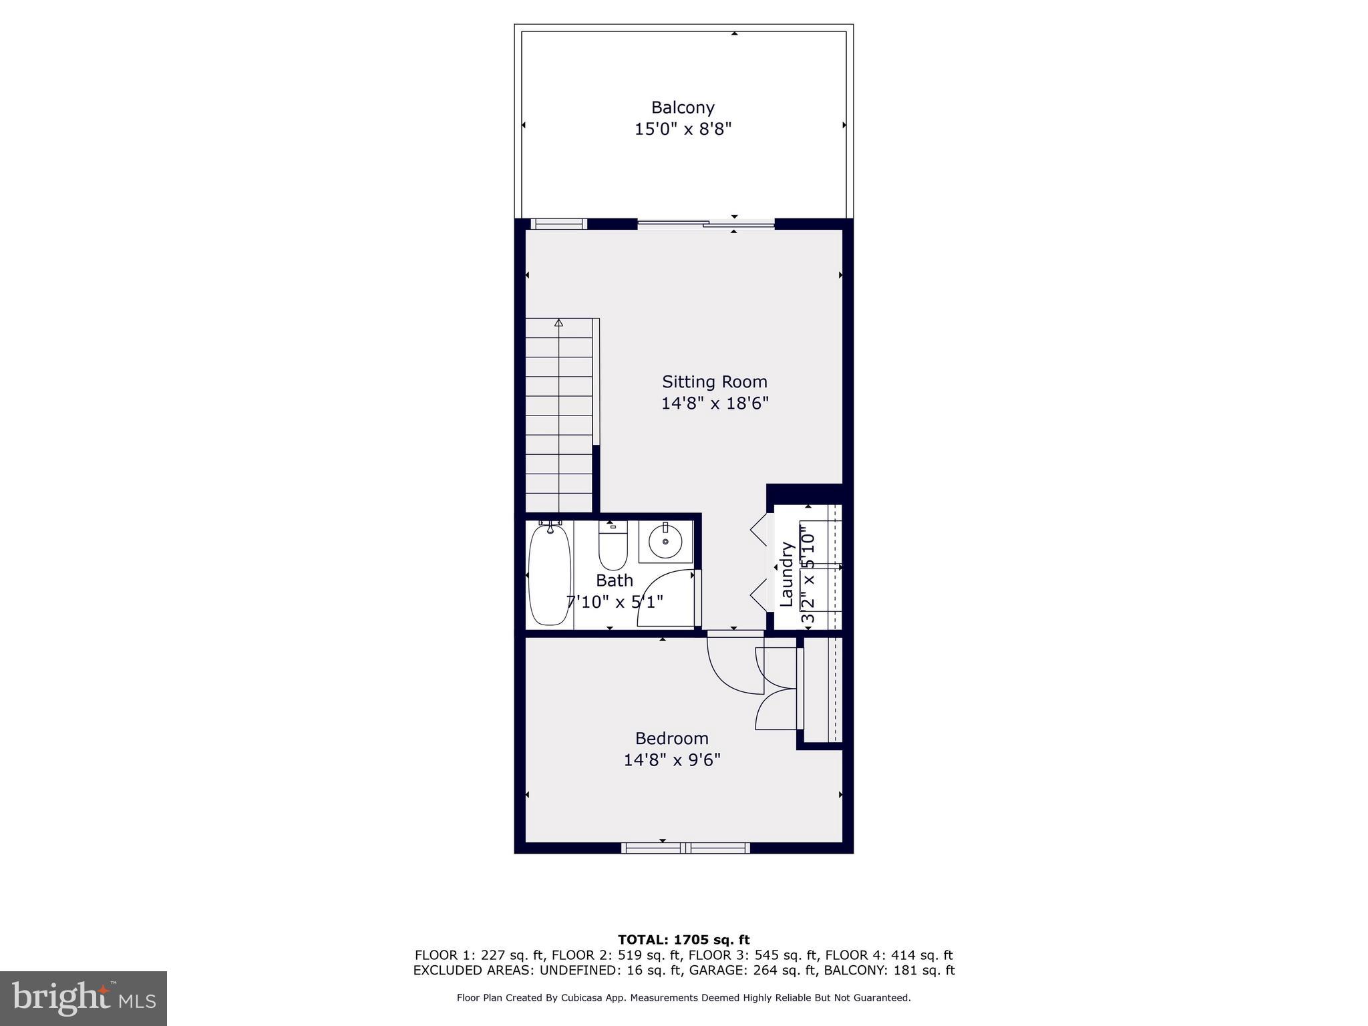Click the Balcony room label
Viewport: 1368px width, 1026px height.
coord(683,108)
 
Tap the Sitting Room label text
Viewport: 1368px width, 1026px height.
coord(714,382)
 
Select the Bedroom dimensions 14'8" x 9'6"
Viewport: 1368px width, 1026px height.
coord(672,760)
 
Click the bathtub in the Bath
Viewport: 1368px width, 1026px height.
coord(550,575)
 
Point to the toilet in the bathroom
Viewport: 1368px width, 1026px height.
coord(613,546)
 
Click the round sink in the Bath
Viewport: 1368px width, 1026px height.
coord(665,541)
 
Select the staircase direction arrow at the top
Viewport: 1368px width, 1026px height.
coord(558,323)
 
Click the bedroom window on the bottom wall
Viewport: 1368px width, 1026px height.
coord(685,848)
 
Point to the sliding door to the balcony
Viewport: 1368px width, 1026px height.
coord(706,224)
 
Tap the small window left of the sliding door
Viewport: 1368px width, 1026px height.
coord(558,224)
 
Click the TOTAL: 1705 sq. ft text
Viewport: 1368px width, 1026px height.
coord(683,940)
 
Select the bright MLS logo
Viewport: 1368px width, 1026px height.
coord(83,998)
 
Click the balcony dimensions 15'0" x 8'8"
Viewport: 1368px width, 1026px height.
coord(683,129)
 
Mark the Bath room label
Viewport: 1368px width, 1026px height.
coord(614,580)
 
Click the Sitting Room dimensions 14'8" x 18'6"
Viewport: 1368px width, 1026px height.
coord(715,403)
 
